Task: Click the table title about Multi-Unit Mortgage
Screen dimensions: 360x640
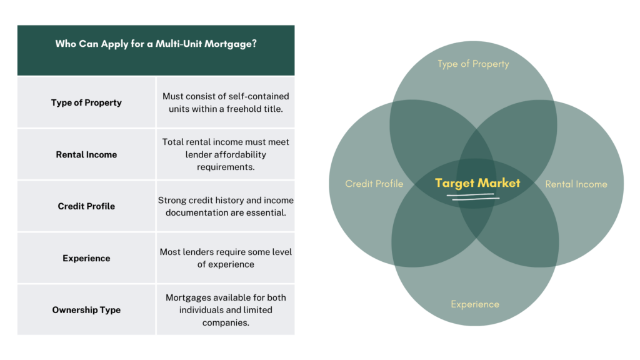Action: tap(156, 44)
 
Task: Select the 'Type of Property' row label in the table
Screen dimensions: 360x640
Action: tap(86, 102)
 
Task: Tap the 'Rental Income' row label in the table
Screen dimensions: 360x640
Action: tap(86, 154)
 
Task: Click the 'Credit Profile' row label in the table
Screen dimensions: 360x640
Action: tap(86, 206)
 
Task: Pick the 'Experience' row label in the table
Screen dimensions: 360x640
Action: tap(86, 258)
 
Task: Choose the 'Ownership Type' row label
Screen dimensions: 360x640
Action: tap(86, 310)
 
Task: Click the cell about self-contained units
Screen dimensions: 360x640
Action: tap(226, 102)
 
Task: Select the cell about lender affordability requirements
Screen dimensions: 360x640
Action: tap(226, 154)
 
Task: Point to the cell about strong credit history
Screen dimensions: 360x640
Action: tap(226, 206)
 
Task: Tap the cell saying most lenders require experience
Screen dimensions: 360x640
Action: tap(226, 258)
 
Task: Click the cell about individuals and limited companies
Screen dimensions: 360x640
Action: tap(226, 310)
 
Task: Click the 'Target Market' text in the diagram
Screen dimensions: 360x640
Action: tap(477, 183)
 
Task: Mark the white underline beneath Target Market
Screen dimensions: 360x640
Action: tap(473, 197)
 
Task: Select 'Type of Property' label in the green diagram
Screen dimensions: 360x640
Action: tap(473, 64)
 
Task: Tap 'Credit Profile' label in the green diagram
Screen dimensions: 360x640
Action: tap(374, 184)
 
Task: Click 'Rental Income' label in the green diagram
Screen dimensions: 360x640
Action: tap(576, 184)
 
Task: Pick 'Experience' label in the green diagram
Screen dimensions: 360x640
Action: tap(475, 304)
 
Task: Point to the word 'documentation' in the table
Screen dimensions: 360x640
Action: tap(195, 212)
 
